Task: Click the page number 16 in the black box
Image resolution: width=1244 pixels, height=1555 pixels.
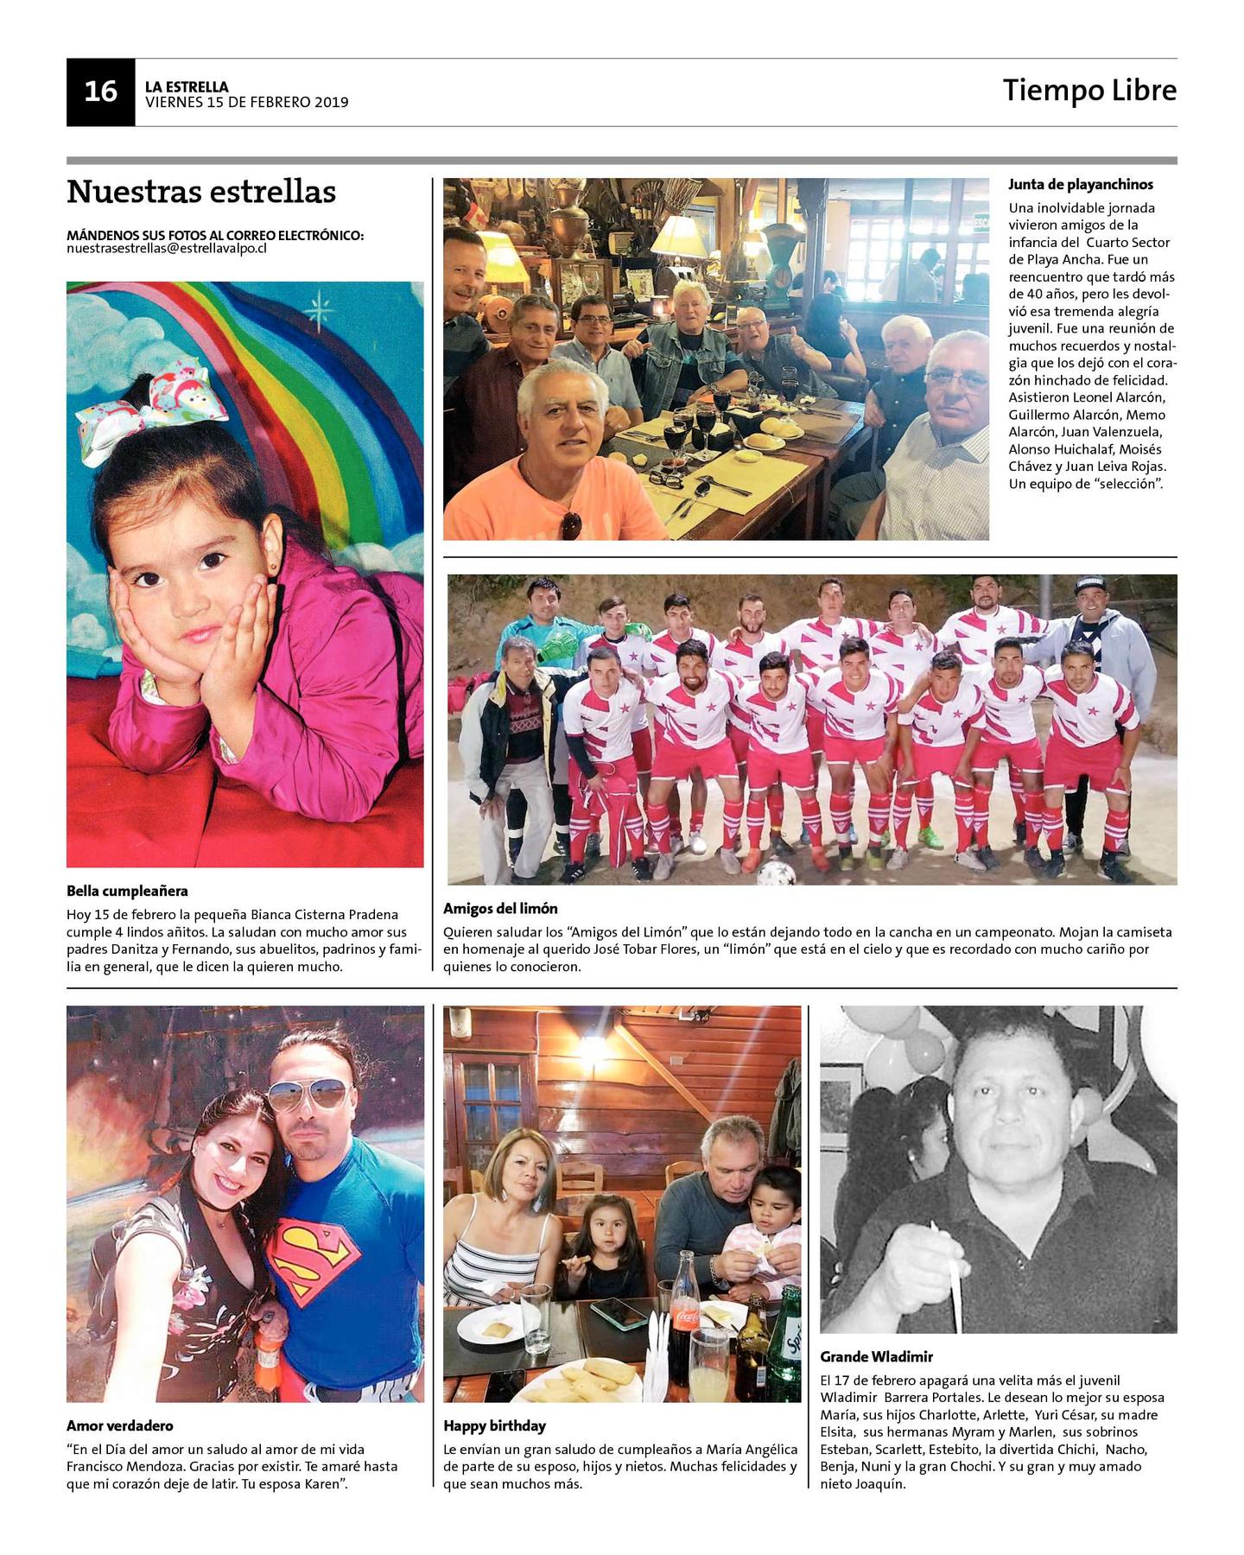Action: point(100,92)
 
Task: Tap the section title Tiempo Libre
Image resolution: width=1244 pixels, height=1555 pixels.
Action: point(1088,90)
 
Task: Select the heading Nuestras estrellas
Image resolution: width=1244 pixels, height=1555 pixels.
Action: point(200,192)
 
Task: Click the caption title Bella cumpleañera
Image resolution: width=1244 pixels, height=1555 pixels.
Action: point(127,891)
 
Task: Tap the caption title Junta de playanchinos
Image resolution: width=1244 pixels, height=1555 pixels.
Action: point(1080,184)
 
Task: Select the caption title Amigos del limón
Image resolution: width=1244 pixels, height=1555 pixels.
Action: point(500,908)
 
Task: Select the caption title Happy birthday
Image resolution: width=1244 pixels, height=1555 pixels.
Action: point(494,1425)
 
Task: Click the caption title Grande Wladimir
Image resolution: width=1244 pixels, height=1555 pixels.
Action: point(876,1356)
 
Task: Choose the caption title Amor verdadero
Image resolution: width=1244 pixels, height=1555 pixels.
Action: point(119,1425)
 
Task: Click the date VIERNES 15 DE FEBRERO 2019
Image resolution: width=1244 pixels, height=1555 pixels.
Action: point(246,103)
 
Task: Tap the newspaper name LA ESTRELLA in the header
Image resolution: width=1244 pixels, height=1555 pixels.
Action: point(187,86)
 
